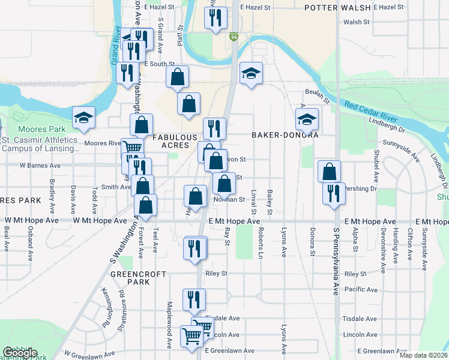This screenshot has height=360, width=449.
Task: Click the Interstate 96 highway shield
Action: click(x=233, y=37)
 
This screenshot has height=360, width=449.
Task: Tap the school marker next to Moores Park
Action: click(x=83, y=118)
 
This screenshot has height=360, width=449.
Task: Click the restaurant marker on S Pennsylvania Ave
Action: click(x=334, y=194)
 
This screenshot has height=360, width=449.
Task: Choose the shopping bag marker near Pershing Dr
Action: click(x=329, y=172)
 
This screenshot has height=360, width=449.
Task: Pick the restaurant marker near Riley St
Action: click(x=194, y=248)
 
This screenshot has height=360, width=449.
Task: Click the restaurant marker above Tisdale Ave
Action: click(x=194, y=300)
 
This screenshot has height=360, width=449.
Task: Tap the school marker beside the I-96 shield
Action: click(x=252, y=74)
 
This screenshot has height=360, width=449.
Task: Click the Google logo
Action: click(x=20, y=353)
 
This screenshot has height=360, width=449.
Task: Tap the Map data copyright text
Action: click(x=423, y=355)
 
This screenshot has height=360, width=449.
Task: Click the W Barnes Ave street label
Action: click(x=40, y=165)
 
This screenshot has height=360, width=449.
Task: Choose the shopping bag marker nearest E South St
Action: click(x=178, y=77)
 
